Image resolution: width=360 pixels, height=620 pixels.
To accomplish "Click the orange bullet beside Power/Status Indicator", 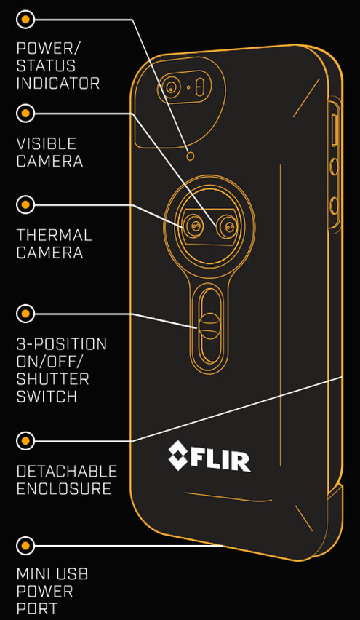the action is pyautogui.click(x=25, y=19).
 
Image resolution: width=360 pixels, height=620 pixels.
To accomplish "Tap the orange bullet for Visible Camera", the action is pyautogui.click(x=25, y=113).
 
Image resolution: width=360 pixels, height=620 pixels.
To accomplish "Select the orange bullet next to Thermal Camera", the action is pyautogui.click(x=25, y=204).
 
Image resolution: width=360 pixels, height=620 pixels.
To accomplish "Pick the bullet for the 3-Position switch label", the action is pyautogui.click(x=25, y=314).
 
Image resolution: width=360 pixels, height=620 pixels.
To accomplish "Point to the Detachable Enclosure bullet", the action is pyautogui.click(x=25, y=440).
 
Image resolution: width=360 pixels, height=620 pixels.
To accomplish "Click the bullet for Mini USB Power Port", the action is pyautogui.click(x=25, y=546).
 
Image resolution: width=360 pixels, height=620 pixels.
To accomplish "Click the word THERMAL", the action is pyautogui.click(x=54, y=235).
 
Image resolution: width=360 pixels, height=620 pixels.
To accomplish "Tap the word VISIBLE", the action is pyautogui.click(x=47, y=143).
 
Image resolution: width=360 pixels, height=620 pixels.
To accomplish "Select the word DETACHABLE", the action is pyautogui.click(x=67, y=471).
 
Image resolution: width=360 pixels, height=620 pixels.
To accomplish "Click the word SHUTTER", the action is pyautogui.click(x=52, y=380).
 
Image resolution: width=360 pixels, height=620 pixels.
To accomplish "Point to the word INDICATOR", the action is pyautogui.click(x=57, y=84).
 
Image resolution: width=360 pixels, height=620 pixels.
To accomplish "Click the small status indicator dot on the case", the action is pyautogui.click(x=191, y=156).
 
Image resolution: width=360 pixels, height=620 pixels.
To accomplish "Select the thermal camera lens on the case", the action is pyautogui.click(x=195, y=226).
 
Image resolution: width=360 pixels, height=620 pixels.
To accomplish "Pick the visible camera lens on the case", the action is pyautogui.click(x=229, y=227).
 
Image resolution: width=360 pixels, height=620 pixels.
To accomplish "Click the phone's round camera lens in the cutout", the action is pyautogui.click(x=171, y=88).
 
